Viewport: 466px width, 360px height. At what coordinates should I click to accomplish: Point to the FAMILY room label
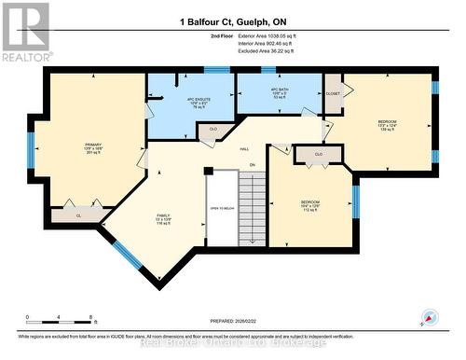click(x=162, y=219)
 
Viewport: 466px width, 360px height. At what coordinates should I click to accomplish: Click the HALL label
click(x=245, y=149)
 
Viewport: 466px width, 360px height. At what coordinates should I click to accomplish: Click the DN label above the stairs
click(x=252, y=166)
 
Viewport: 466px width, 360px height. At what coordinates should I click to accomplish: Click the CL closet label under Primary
click(x=78, y=215)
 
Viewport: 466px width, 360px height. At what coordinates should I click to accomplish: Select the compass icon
click(x=428, y=316)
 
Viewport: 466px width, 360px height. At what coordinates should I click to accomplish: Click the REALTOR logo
click(x=25, y=33)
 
